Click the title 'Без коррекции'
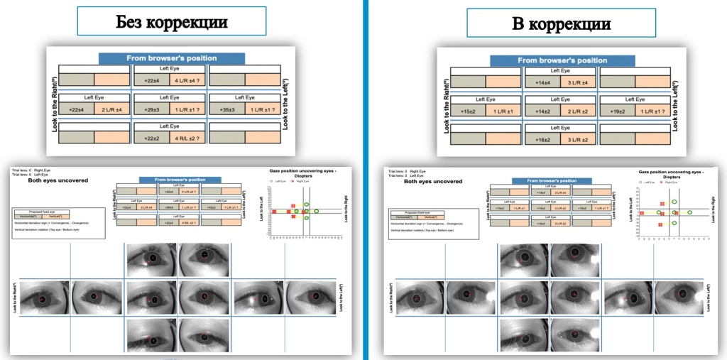(172, 22)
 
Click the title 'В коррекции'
(561, 23)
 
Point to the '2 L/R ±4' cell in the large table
(113, 109)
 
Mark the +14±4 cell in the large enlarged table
(542, 83)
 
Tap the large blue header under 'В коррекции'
(560, 60)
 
